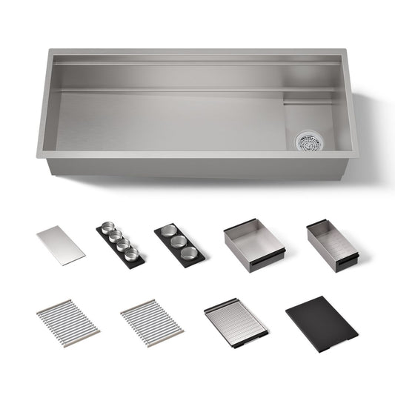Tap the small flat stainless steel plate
point(61,245)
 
